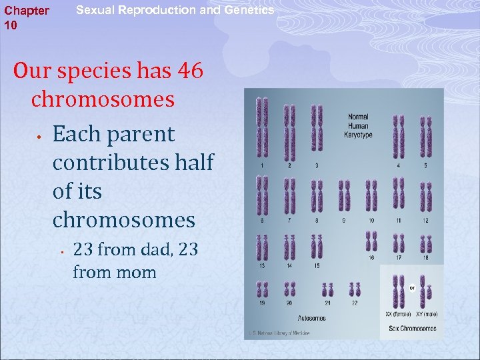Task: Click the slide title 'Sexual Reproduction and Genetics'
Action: click(x=175, y=11)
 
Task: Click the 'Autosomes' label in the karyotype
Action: click(x=311, y=318)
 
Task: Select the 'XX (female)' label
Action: click(x=398, y=313)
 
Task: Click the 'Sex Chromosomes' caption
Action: click(x=412, y=328)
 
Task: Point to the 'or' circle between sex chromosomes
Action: click(x=412, y=288)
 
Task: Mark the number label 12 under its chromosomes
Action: click(x=425, y=220)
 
